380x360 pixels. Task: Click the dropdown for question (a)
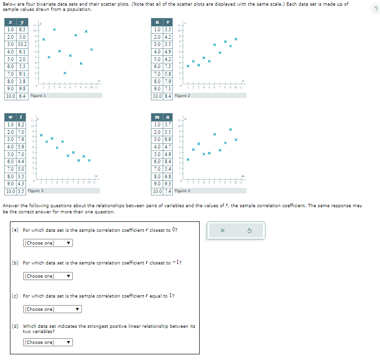coord(48,243)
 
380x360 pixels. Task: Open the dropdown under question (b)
coord(48,276)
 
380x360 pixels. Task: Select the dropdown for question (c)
coord(52,309)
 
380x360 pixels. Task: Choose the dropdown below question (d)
coord(48,342)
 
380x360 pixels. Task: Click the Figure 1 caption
coord(38,96)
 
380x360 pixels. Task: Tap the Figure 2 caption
coord(182,96)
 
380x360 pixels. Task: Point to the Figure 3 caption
coord(35,191)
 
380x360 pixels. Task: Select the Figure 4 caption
coord(182,191)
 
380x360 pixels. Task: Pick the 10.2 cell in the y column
coord(22,44)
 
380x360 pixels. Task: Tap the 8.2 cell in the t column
coord(21,124)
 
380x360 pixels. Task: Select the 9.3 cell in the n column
coord(168,184)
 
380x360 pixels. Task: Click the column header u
coord(157,22)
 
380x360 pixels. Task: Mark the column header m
coord(157,117)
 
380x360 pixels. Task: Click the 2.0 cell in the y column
coord(22,59)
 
